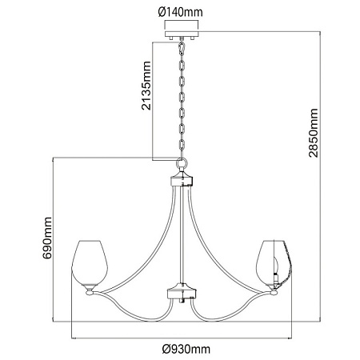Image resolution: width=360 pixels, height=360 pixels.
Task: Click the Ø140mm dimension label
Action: (180, 12)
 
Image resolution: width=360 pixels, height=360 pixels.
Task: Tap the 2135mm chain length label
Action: (146, 86)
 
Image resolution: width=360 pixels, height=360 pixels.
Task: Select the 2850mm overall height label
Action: (314, 133)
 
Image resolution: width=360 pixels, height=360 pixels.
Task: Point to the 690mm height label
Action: (47, 238)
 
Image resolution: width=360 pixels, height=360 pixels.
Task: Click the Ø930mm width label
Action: (186, 349)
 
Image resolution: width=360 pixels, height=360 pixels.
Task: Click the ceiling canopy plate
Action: (182, 34)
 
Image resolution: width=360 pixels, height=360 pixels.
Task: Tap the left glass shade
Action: (90, 265)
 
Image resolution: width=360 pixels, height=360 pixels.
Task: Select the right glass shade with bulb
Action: (274, 265)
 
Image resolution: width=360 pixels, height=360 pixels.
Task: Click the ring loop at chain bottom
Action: (182, 162)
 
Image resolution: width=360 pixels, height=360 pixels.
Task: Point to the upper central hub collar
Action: (182, 179)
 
